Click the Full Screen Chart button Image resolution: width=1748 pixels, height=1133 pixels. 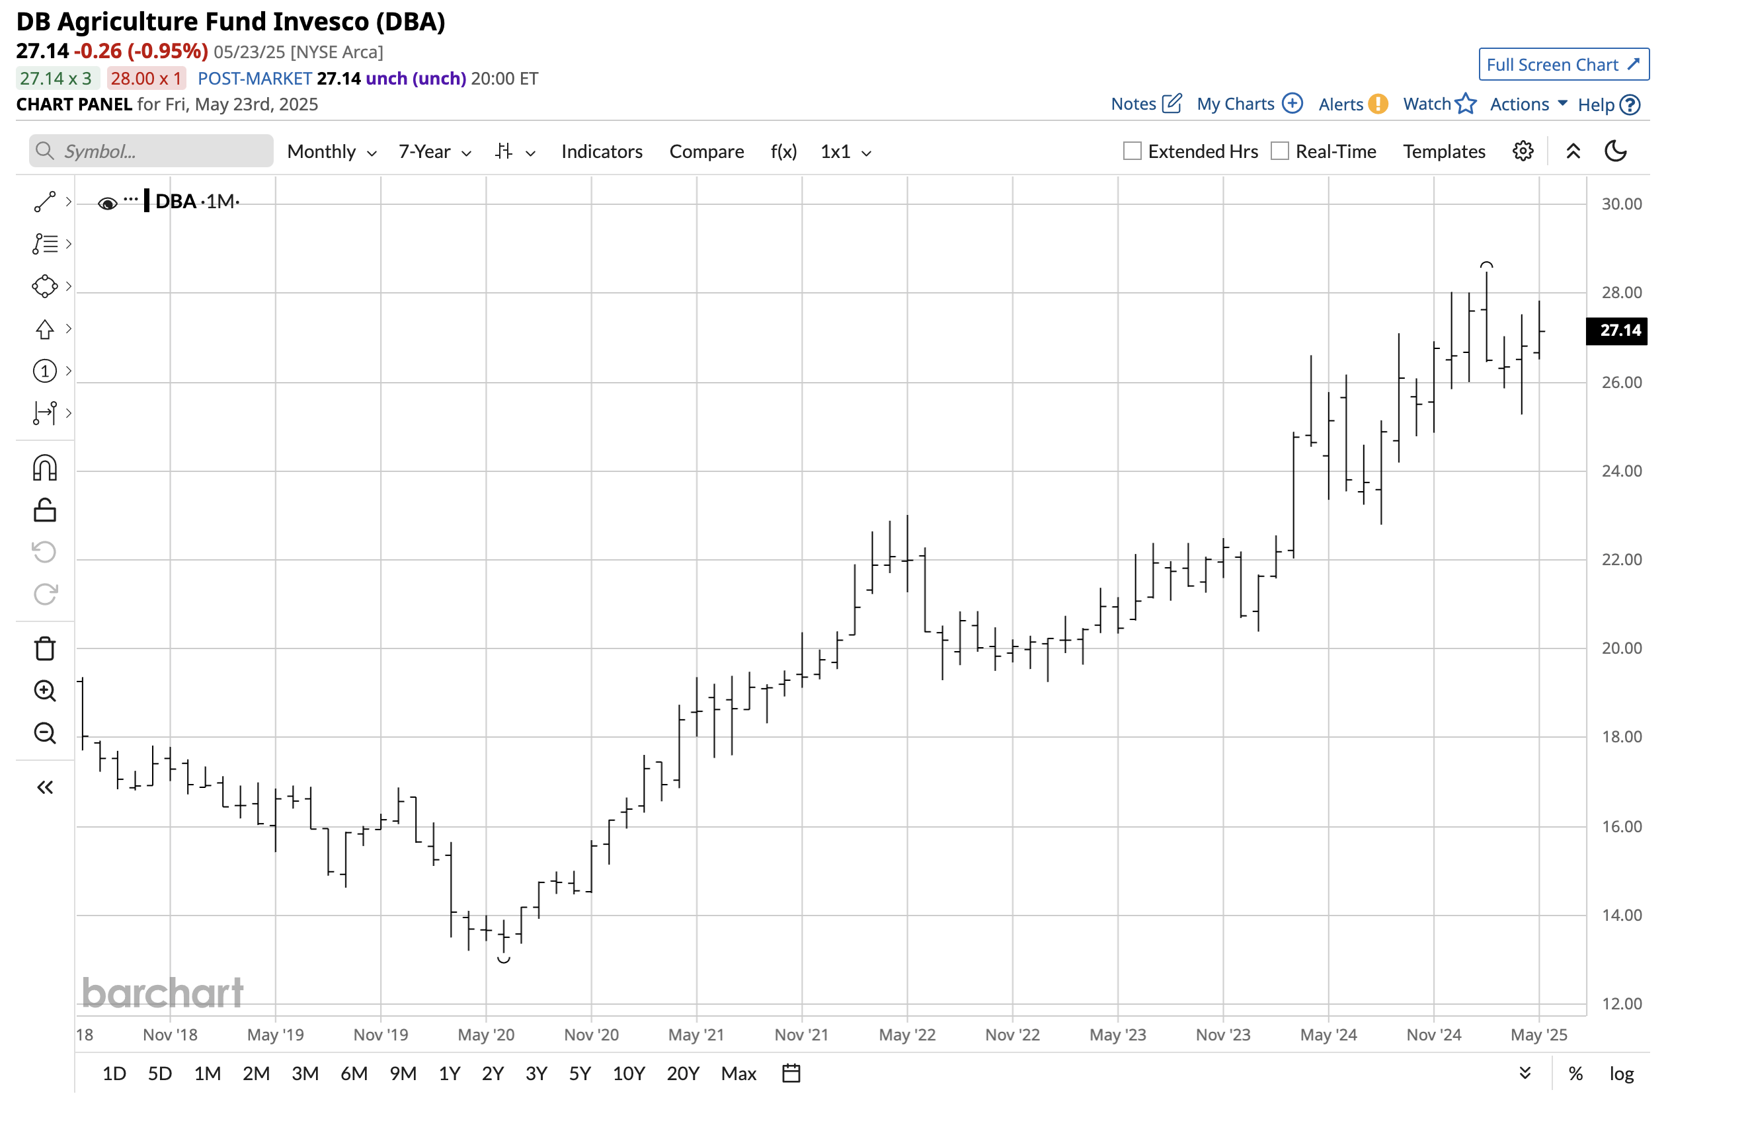[1563, 65]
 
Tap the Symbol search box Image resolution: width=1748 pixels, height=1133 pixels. [151, 151]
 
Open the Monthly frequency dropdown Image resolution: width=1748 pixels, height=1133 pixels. [331, 152]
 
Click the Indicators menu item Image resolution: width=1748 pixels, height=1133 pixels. [602, 152]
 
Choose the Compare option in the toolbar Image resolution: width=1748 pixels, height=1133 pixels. [706, 152]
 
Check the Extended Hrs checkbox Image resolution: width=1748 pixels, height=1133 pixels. [1132, 151]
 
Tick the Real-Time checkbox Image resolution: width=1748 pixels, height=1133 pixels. [1279, 151]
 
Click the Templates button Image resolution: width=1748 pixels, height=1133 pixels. [1443, 152]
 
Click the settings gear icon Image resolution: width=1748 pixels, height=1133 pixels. [1523, 151]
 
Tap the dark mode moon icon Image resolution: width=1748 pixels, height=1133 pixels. [1615, 151]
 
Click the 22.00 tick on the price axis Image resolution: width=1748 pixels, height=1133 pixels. [1621, 559]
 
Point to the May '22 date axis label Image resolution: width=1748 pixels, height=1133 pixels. [907, 1035]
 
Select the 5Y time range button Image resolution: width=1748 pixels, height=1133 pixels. [580, 1074]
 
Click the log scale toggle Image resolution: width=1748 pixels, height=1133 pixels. [1621, 1074]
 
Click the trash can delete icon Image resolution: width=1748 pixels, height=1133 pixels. [45, 648]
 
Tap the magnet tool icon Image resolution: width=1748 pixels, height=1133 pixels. [45, 468]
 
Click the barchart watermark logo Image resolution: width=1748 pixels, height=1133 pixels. [163, 993]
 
